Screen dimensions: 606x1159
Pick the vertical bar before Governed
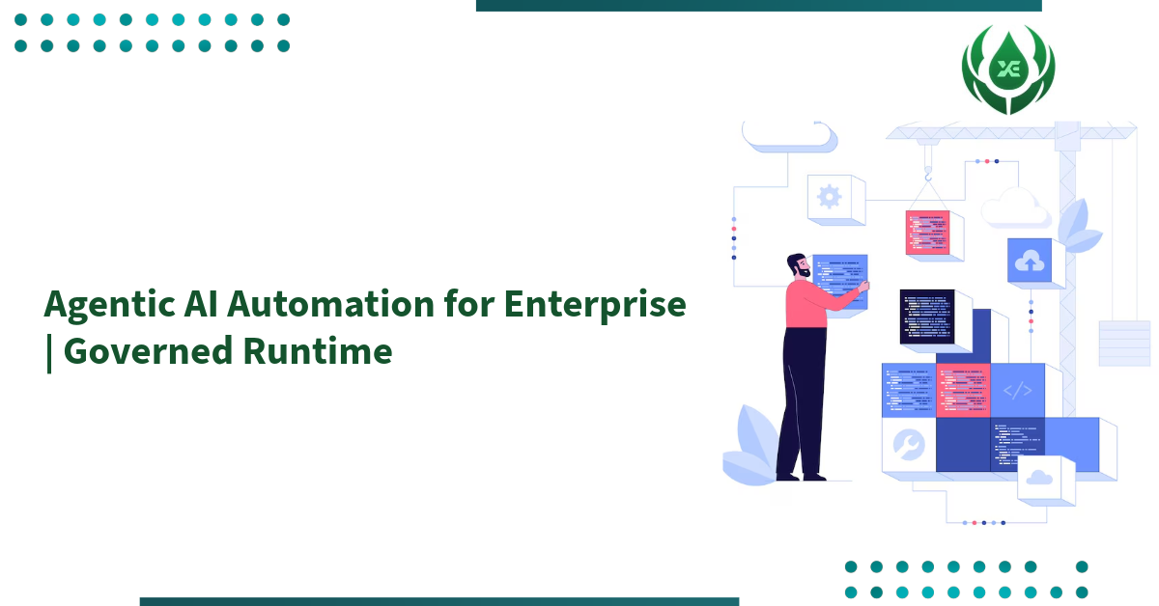[x=49, y=352]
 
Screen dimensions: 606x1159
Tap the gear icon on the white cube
[x=829, y=197]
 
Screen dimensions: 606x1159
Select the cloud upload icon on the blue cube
[x=1029, y=261]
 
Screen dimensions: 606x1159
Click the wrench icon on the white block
[x=909, y=445]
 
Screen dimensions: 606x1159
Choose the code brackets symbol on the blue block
[x=1017, y=391]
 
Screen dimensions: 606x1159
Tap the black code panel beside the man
[x=926, y=316]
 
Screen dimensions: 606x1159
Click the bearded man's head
[x=798, y=267]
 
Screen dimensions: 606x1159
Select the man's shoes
[x=802, y=475]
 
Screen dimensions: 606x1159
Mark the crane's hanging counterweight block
[x=1124, y=344]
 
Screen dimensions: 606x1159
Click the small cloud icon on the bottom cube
[x=1039, y=477]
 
